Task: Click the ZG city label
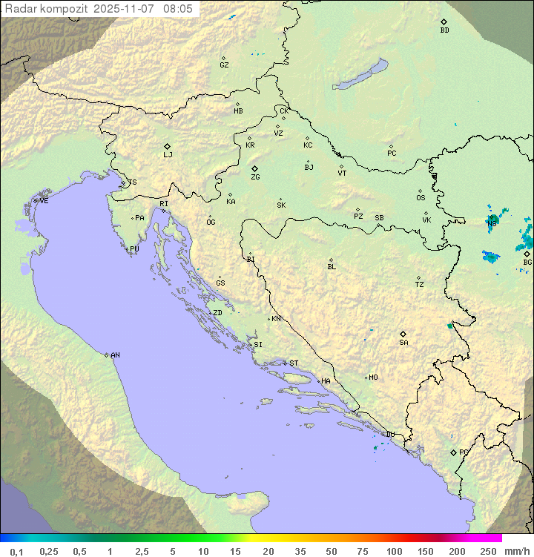coord(255,177)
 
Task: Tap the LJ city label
coord(168,155)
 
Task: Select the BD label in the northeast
coord(444,30)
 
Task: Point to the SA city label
coord(403,343)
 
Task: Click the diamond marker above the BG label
coord(527,254)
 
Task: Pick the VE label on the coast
coord(44,201)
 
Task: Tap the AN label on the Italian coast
coord(115,355)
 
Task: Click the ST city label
coord(294,363)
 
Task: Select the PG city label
coord(464,452)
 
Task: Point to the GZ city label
coord(224,65)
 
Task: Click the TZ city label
coord(420,285)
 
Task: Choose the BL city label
coord(332,267)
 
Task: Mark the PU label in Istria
coord(134,249)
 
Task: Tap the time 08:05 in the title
coord(178,9)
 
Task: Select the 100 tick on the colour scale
coord(394,551)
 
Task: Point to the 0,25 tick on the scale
coord(49,551)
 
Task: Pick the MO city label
coord(373,378)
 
